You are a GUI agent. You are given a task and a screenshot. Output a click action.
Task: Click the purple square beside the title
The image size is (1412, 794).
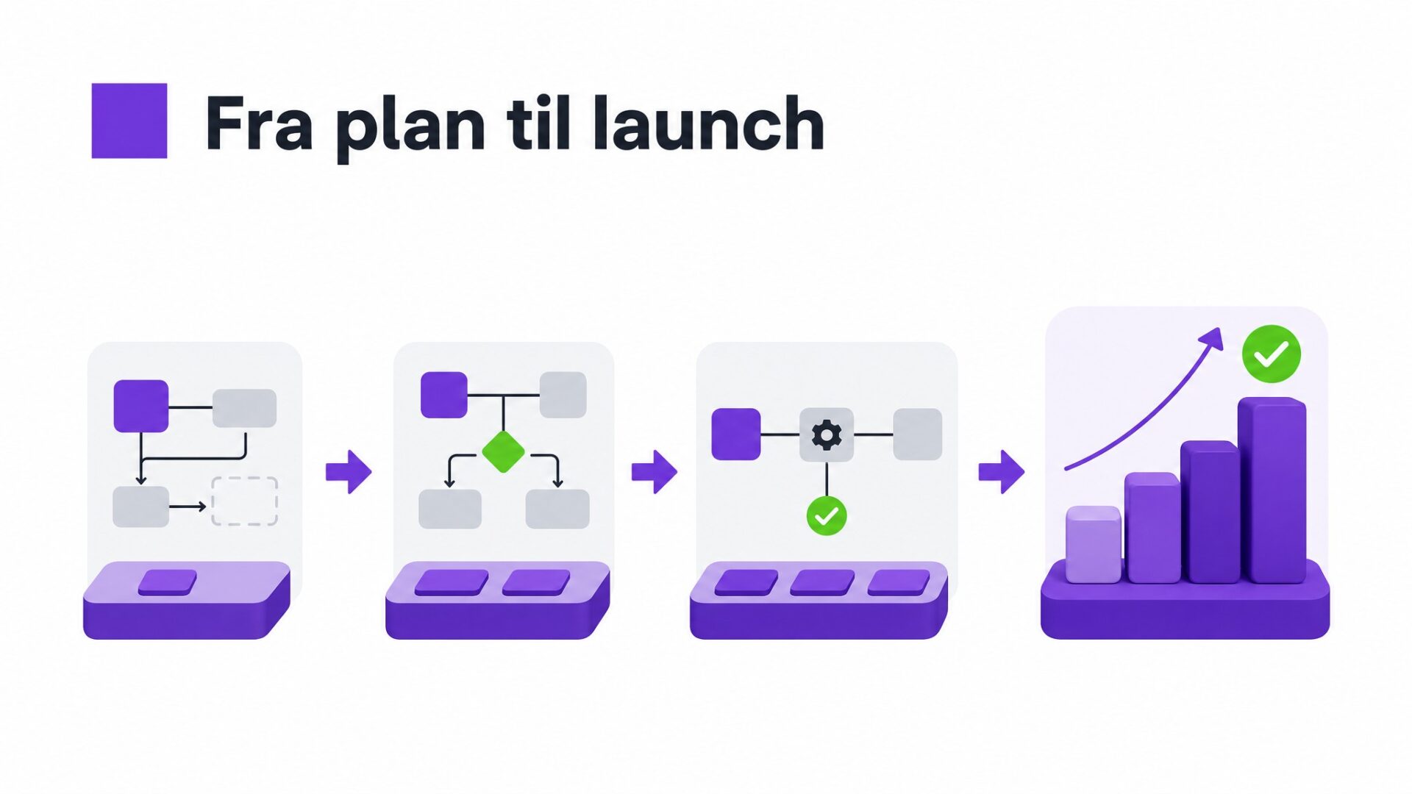(129, 121)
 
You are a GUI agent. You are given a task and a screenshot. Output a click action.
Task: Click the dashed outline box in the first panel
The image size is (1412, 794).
(244, 501)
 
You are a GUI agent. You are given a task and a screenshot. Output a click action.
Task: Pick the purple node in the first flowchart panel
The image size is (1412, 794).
(141, 406)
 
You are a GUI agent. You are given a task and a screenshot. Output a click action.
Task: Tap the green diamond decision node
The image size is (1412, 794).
(504, 451)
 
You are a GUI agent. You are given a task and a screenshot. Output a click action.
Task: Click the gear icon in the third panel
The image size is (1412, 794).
(827, 435)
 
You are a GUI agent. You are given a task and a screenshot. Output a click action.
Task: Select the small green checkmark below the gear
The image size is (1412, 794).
(827, 516)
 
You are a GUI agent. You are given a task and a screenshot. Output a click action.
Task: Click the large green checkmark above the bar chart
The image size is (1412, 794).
(1272, 354)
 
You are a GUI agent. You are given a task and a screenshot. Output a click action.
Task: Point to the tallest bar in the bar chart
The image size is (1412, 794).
(1272, 490)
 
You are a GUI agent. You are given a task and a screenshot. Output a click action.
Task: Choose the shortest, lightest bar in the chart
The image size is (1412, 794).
(1094, 545)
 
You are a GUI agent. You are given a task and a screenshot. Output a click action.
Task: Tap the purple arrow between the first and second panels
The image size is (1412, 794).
(349, 471)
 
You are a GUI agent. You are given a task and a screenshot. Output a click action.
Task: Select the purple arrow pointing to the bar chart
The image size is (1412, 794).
(1002, 471)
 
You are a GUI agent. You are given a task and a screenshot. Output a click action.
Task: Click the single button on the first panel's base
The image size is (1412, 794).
(168, 582)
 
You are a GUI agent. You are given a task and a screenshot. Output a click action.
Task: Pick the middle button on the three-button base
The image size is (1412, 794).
(822, 582)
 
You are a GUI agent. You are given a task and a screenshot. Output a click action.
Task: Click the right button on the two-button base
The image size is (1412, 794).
(536, 582)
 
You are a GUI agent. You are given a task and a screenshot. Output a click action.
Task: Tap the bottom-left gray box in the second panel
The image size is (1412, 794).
(450, 509)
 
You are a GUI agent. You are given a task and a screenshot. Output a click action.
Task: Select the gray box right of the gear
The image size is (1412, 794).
(918, 434)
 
